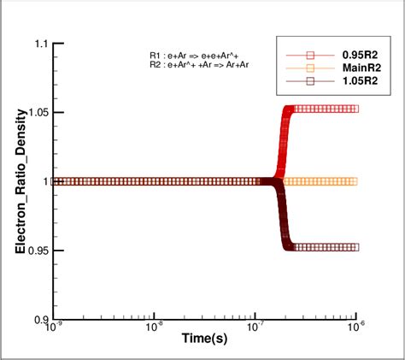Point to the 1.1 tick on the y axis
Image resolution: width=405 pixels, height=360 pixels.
click(x=40, y=43)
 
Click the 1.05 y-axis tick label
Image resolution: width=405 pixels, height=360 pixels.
click(x=38, y=112)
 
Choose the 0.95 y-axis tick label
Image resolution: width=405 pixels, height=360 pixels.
click(x=38, y=251)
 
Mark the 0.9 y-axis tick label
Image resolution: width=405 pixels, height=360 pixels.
click(x=40, y=319)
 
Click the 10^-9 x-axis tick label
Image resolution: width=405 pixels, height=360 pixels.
click(x=52, y=328)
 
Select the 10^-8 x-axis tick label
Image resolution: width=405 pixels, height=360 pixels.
click(x=154, y=328)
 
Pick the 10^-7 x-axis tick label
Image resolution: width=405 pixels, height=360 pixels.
click(x=255, y=328)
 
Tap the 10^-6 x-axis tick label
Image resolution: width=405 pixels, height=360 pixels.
click(x=355, y=328)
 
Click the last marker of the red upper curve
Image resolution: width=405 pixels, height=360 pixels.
click(x=355, y=109)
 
